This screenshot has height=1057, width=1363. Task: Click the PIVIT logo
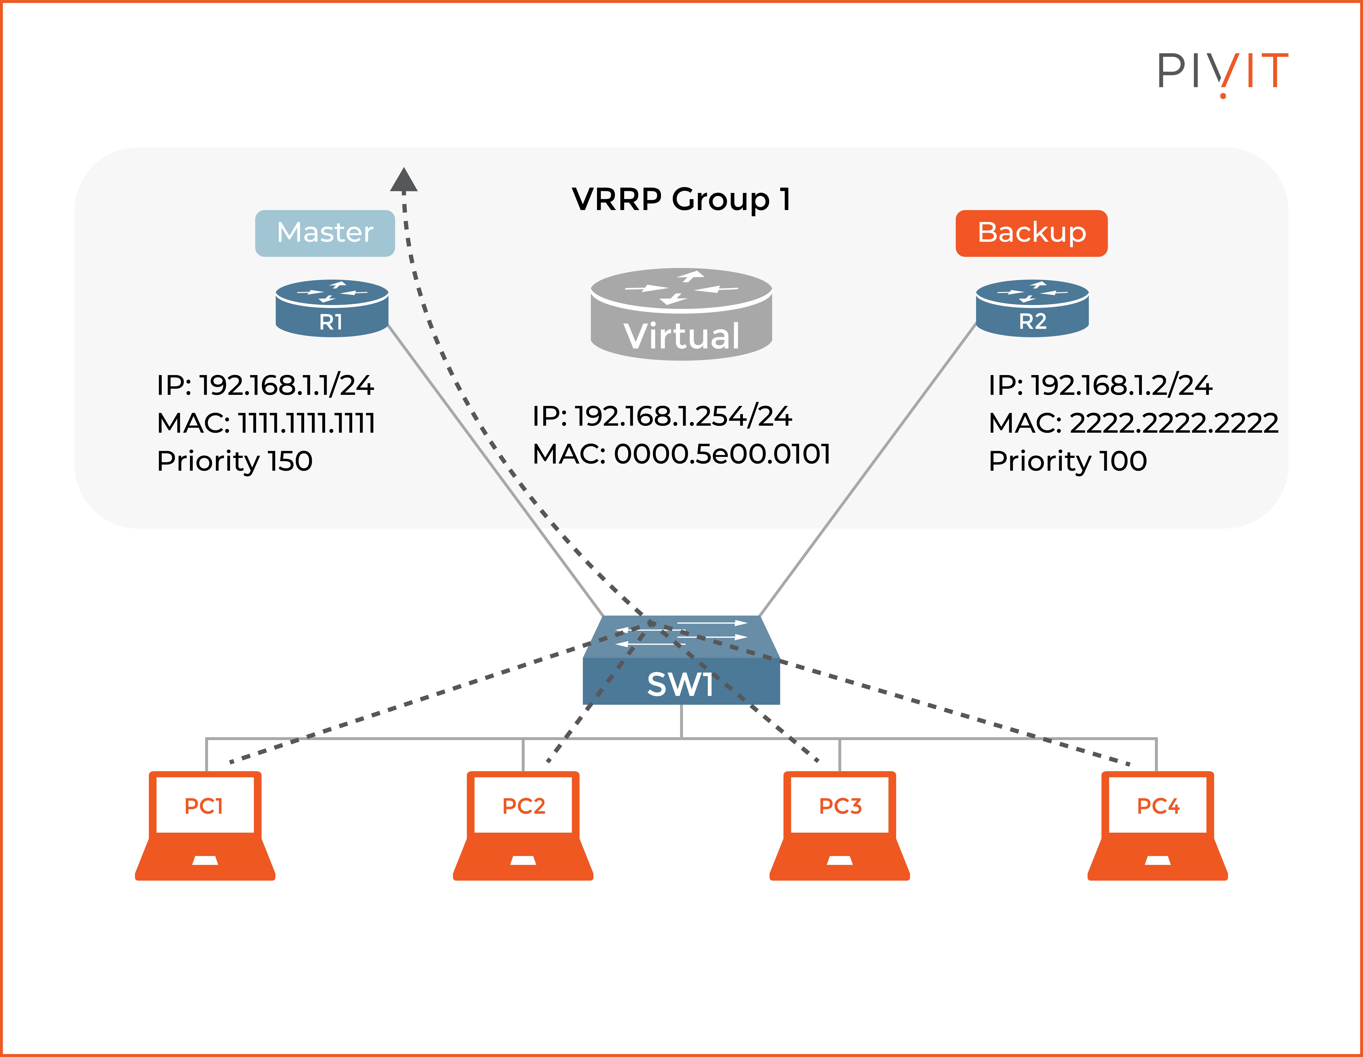(x=1222, y=72)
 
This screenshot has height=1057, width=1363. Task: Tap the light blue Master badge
(x=325, y=233)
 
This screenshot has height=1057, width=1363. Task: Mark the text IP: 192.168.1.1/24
(x=265, y=385)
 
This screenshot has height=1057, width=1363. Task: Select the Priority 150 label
(x=235, y=461)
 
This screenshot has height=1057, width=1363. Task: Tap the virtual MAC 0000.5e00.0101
(x=681, y=454)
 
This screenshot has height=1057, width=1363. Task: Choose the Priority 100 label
(x=1067, y=461)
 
